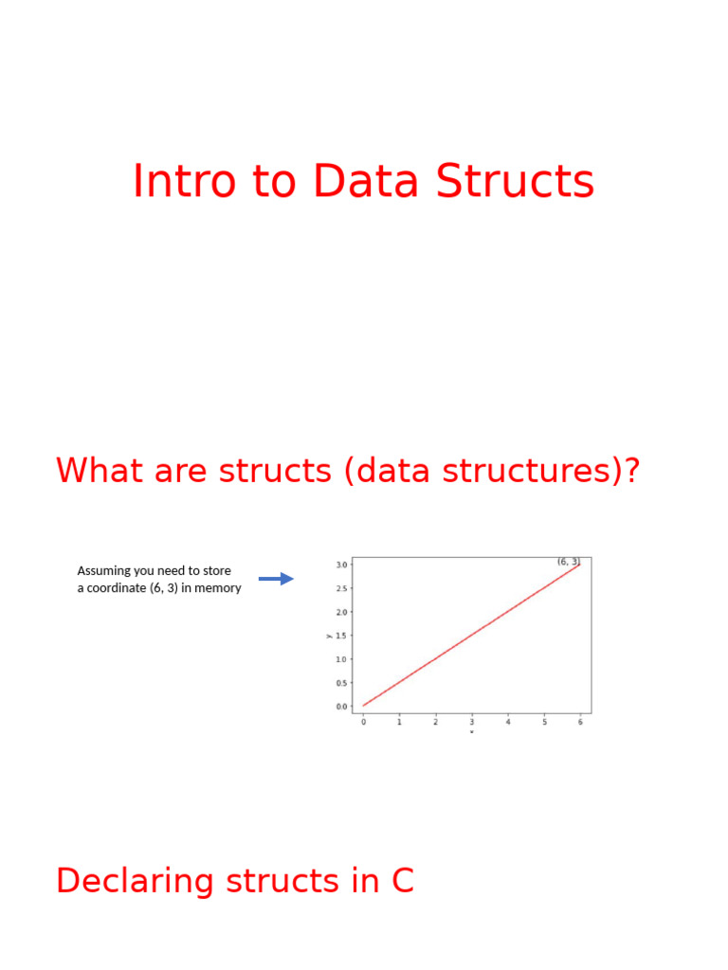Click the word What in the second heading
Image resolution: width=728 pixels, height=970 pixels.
click(x=99, y=471)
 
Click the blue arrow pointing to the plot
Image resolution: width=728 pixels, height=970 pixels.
click(x=276, y=579)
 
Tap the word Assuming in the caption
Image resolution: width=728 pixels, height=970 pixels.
click(x=104, y=571)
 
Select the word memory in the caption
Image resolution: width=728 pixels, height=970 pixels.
click(x=218, y=588)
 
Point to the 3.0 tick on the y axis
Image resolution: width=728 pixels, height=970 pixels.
click(x=341, y=565)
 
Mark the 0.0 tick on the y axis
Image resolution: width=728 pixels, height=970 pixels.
click(x=341, y=707)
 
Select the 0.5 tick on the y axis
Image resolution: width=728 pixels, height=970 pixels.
click(x=341, y=683)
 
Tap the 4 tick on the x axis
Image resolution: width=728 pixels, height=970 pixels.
click(x=508, y=722)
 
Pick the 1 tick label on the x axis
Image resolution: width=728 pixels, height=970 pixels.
click(x=399, y=722)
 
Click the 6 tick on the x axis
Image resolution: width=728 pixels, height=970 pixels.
click(x=580, y=722)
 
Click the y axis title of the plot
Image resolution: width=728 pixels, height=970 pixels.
click(x=329, y=636)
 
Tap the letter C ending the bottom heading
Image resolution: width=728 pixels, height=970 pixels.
click(x=402, y=882)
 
